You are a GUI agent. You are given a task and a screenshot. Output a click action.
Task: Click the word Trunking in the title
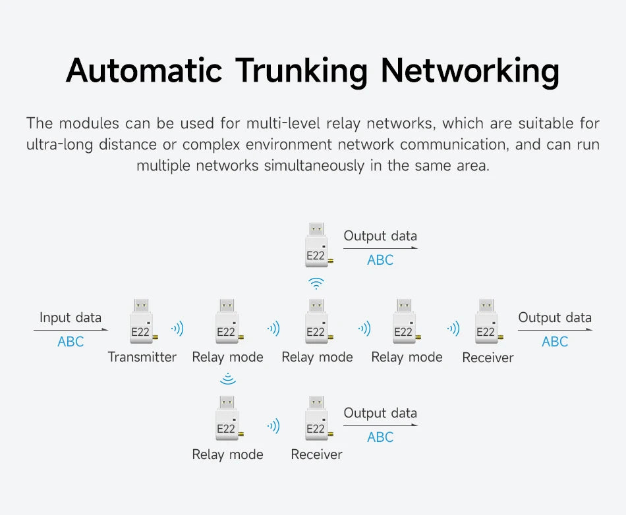(x=301, y=71)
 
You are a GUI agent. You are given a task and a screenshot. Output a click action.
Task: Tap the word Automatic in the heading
(x=144, y=70)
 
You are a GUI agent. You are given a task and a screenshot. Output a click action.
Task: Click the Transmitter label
(x=142, y=357)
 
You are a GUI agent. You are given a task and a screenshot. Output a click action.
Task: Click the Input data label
(x=71, y=317)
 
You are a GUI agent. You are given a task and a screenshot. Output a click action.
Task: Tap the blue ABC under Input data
(x=71, y=342)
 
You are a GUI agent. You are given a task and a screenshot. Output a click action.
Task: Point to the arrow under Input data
(x=71, y=330)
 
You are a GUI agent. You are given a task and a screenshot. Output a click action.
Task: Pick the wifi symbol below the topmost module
(x=316, y=283)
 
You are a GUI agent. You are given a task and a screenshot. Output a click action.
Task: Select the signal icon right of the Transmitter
(x=177, y=329)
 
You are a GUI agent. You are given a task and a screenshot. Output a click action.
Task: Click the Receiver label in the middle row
(x=488, y=358)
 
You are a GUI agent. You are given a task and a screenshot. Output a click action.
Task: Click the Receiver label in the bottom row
(x=316, y=454)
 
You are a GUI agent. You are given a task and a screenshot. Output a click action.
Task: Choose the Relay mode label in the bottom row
(x=227, y=454)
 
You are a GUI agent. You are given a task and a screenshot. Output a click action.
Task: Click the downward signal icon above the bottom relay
(x=228, y=379)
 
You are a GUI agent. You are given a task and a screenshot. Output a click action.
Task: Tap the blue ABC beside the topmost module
(x=380, y=260)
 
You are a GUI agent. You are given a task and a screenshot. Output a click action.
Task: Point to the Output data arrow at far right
(x=555, y=330)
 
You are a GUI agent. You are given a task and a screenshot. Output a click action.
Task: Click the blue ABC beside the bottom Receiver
(x=380, y=437)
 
